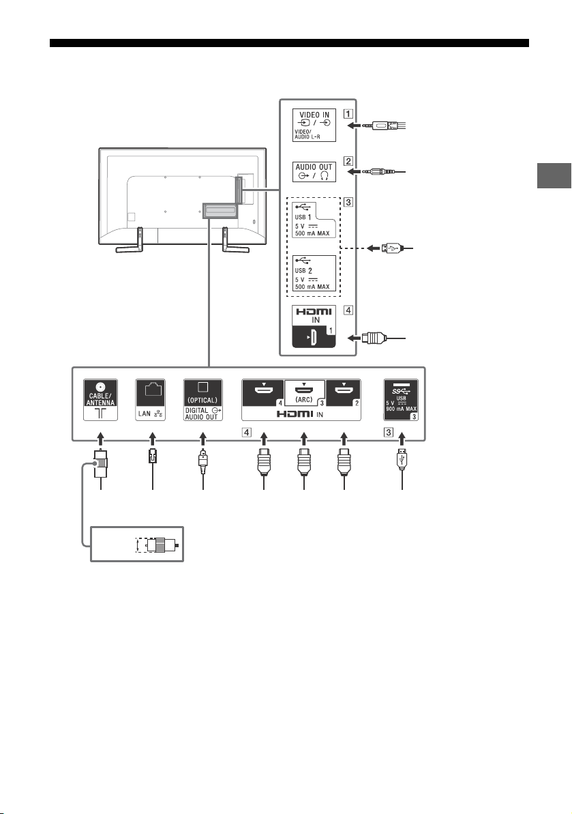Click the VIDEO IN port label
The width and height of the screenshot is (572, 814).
point(314,125)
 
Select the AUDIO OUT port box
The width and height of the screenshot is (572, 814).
point(314,172)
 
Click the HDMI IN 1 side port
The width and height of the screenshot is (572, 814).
point(314,327)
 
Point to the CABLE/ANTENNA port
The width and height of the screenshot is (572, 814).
point(101,400)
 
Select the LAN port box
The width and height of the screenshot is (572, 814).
point(151,400)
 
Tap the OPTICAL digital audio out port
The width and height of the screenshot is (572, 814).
point(202,400)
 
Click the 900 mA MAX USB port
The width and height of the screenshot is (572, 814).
point(401,400)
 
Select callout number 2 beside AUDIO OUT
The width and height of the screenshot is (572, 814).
point(348,161)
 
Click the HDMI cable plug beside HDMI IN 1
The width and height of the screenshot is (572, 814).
point(374,338)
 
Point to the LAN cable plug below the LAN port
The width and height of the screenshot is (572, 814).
point(152,457)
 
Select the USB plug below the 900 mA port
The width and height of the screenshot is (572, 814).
point(402,459)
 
